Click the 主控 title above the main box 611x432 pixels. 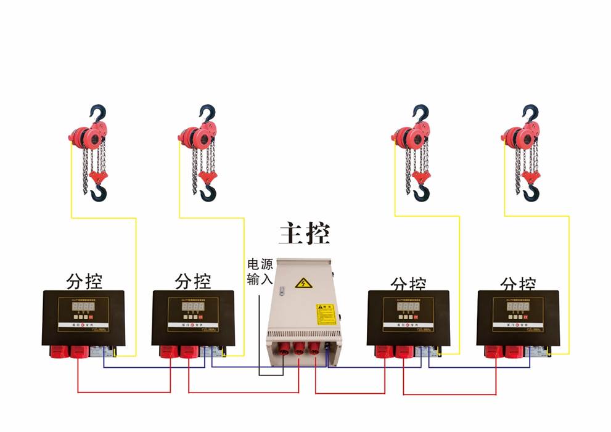tap(304, 233)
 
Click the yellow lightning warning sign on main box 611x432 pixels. tap(302, 283)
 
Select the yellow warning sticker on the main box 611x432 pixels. tap(324, 314)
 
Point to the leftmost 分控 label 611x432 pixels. tap(84, 281)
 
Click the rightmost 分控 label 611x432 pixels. tap(518, 284)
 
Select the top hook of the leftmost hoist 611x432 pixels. tap(98, 113)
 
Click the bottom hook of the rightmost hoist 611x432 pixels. tap(530, 194)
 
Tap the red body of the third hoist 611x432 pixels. tap(409, 136)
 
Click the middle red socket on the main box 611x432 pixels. tap(299, 350)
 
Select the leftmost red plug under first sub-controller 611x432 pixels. tap(58, 351)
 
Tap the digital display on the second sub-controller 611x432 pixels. tap(194, 307)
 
